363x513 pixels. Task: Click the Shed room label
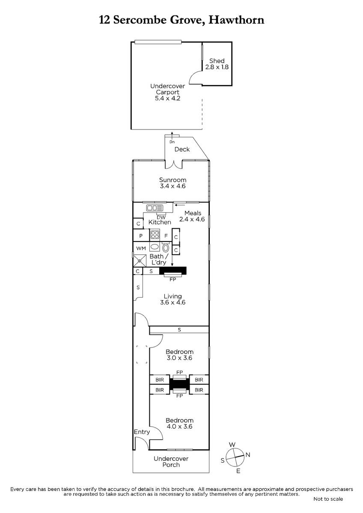(217, 61)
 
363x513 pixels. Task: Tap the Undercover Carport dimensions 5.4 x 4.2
(167, 98)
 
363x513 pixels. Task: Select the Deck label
(182, 149)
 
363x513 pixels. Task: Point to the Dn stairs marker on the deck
(172, 142)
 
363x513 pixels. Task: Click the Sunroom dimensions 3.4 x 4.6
(173, 186)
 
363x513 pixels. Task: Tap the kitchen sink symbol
(155, 208)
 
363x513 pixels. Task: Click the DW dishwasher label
(161, 217)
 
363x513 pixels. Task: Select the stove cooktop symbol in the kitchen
(155, 235)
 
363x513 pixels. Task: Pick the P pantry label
(141, 236)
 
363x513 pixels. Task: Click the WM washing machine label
(141, 248)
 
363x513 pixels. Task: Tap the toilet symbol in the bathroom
(166, 247)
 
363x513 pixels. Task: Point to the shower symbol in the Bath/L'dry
(140, 261)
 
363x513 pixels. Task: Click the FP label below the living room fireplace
(173, 280)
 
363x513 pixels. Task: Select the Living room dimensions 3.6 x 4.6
(173, 302)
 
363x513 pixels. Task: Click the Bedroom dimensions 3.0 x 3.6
(179, 358)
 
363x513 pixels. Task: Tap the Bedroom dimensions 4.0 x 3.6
(179, 426)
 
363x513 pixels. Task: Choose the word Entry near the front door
(142, 432)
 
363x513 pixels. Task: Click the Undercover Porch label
(171, 462)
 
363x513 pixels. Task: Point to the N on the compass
(248, 454)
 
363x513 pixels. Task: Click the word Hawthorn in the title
(236, 20)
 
